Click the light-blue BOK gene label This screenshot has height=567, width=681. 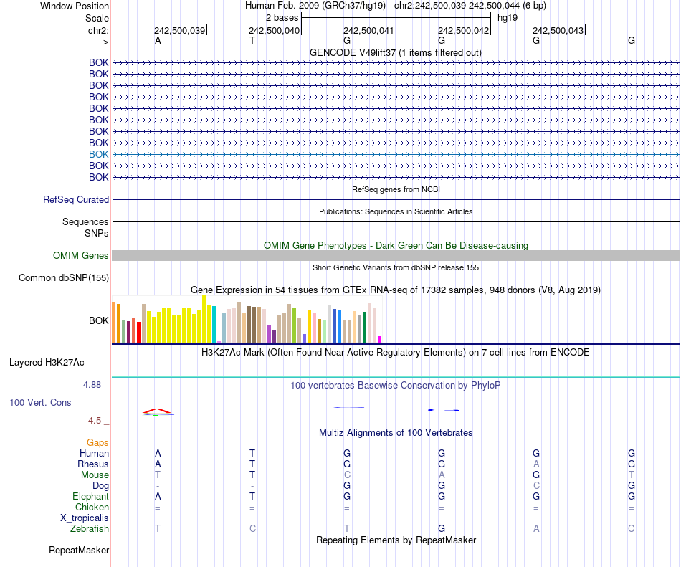tap(99, 154)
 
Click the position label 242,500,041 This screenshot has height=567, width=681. tap(368, 31)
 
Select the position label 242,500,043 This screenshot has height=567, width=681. tap(558, 31)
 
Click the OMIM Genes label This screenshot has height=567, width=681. tap(81, 256)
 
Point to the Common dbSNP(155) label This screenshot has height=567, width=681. tap(64, 278)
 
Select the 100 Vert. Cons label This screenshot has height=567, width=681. tap(40, 403)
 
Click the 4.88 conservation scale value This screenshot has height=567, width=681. tap(95, 385)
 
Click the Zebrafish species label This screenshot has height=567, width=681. tap(90, 529)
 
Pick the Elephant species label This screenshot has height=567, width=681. tap(90, 497)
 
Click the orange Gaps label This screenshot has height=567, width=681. tap(97, 443)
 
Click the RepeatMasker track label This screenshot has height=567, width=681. tap(79, 551)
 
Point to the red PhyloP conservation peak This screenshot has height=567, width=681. tap(157, 411)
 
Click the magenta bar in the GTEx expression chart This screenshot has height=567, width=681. tap(380, 339)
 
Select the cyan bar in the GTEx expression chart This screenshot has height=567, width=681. tap(214, 325)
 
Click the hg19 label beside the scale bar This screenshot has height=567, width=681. tap(508, 17)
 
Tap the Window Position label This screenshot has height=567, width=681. tap(75, 6)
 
